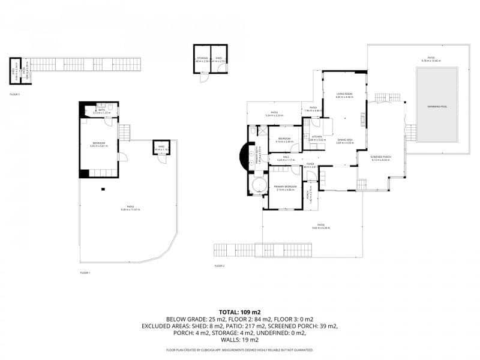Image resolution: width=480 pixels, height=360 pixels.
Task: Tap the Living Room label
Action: click(x=344, y=95)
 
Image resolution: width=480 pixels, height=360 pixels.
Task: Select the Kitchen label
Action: click(x=317, y=137)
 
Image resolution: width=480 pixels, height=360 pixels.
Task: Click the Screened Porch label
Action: click(x=381, y=157)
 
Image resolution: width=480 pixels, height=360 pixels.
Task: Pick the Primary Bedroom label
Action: click(x=285, y=187)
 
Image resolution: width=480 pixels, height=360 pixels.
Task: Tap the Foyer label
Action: click(x=311, y=164)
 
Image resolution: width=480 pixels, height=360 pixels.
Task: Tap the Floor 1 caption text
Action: click(x=85, y=272)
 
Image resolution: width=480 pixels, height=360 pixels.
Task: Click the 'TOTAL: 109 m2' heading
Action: click(x=239, y=312)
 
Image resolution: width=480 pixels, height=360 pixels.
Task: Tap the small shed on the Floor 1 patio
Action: click(x=161, y=148)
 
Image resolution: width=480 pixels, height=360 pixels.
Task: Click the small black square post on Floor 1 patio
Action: click(x=103, y=190)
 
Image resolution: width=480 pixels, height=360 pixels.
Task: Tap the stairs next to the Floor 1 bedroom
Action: click(x=125, y=131)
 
